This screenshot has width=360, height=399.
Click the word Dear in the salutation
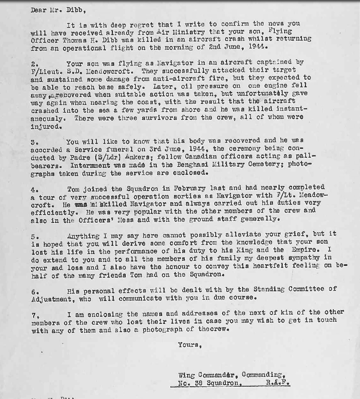(39, 11)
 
